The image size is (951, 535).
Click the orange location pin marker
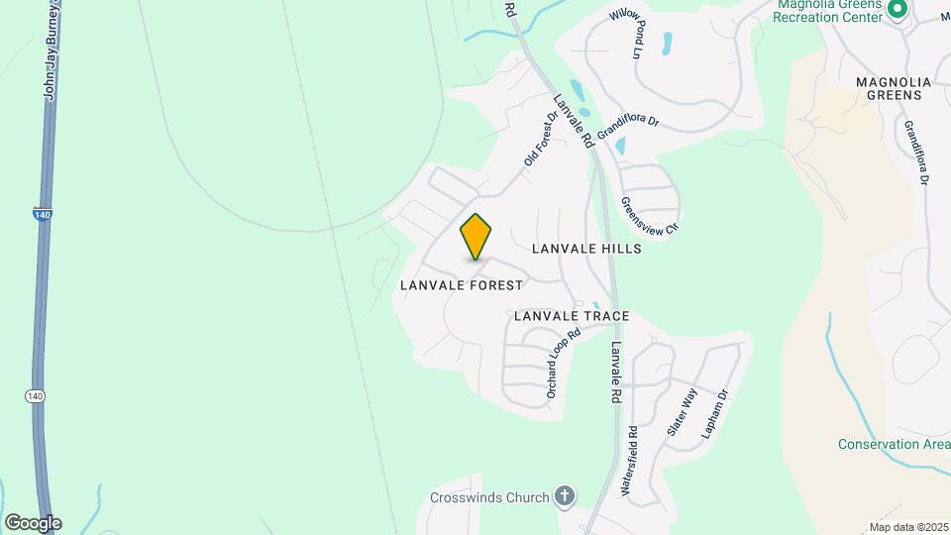pos(476,237)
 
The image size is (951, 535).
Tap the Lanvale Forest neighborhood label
pos(461,285)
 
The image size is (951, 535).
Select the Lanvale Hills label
pos(586,249)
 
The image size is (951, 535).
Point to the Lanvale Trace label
pos(572,316)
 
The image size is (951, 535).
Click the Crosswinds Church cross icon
pos(565,495)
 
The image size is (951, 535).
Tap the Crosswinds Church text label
pos(489,497)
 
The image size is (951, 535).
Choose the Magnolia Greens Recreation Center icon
pos(898,10)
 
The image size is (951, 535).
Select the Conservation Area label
pos(894,444)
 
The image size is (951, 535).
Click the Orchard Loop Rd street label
pos(562,363)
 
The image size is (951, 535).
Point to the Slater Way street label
pos(683,413)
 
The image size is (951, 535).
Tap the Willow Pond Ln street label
pos(628,33)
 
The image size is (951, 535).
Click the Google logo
pos(33,522)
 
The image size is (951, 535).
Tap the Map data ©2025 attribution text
pos(906,527)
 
